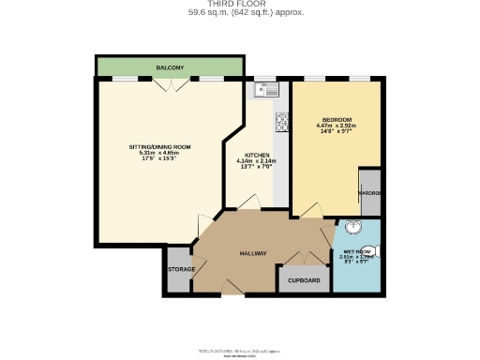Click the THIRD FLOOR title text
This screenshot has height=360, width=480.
(x=239, y=5)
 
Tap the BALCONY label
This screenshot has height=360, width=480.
(x=170, y=67)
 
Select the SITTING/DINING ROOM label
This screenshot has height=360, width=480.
(x=159, y=147)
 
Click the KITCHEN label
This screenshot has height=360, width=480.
(x=257, y=155)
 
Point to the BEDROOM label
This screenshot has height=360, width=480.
(x=337, y=120)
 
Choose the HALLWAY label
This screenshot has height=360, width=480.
(x=253, y=253)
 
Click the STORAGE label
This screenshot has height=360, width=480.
(x=181, y=269)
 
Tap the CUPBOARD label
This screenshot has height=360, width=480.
(x=304, y=279)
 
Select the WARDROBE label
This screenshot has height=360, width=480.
(x=369, y=193)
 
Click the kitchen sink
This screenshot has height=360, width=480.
(x=267, y=90)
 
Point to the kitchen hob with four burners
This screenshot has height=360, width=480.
(x=281, y=122)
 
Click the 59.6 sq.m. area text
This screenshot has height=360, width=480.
(x=239, y=13)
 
